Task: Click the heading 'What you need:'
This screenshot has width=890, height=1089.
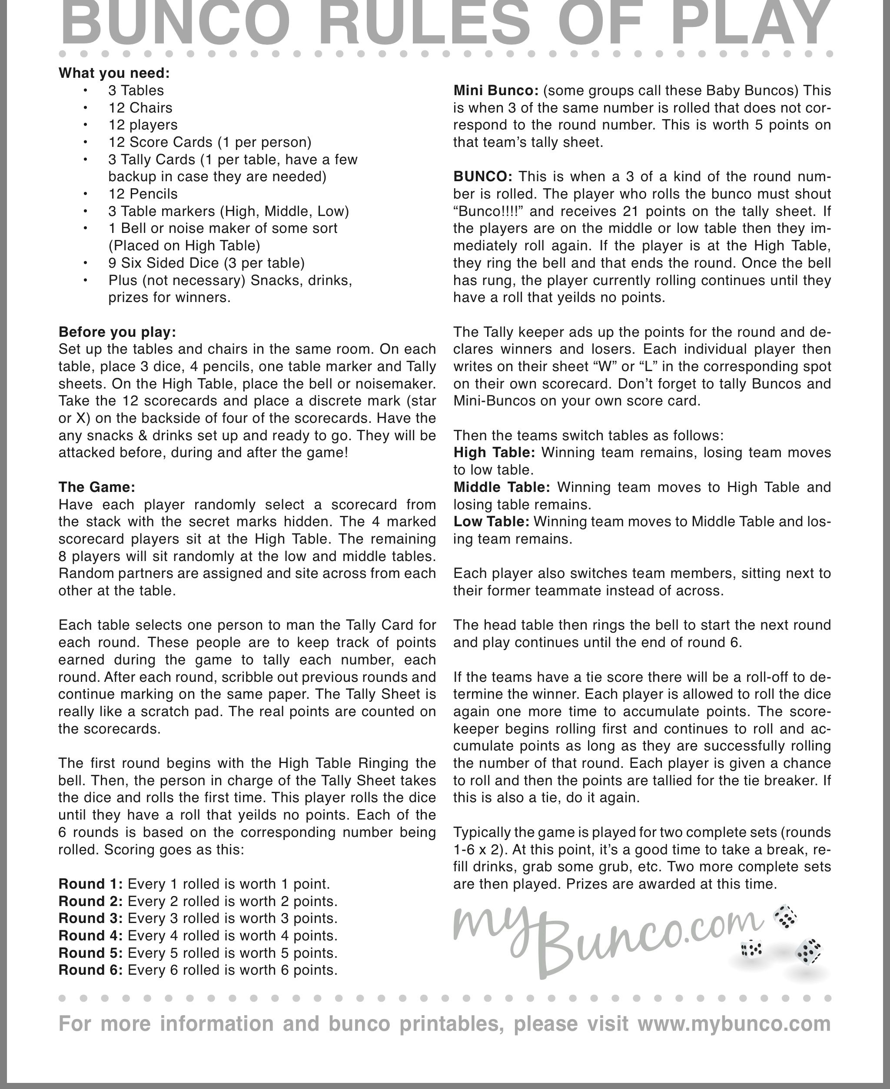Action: click(x=114, y=73)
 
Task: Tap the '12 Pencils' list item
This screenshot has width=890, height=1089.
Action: click(x=143, y=194)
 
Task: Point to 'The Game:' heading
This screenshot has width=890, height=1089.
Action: click(x=96, y=487)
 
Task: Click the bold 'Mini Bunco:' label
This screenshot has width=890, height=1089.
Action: click(x=496, y=91)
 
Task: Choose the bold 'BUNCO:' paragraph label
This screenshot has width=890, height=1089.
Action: click(x=482, y=177)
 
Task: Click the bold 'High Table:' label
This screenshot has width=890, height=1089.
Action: click(x=494, y=453)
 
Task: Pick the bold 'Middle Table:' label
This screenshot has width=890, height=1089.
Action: click(x=501, y=487)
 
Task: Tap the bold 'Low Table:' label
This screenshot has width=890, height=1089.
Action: click(x=491, y=521)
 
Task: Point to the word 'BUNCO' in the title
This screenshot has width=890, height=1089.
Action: click(x=174, y=23)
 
